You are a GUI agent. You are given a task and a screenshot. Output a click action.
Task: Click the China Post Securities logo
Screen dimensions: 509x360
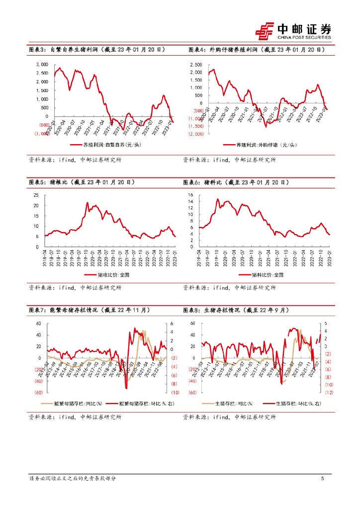point(293,31)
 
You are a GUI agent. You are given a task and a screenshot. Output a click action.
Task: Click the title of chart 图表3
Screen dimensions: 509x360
point(95,50)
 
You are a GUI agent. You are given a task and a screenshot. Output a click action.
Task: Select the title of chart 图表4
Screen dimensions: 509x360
point(256,50)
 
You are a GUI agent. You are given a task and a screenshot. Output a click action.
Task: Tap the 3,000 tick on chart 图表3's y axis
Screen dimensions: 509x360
point(42,65)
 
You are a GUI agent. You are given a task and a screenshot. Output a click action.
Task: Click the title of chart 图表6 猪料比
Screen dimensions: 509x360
point(236,182)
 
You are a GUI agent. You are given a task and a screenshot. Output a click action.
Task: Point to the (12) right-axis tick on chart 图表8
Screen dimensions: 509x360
point(329,392)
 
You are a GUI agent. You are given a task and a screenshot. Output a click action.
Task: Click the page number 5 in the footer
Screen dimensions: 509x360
point(323,479)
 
